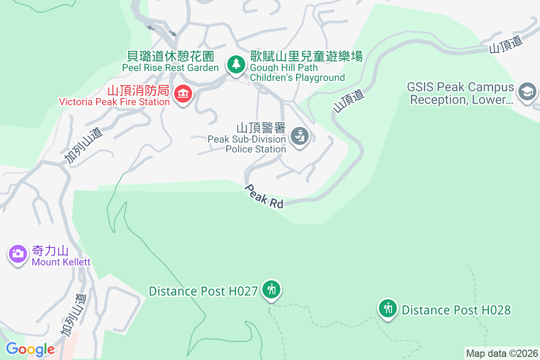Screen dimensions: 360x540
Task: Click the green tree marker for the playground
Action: pos(235,63)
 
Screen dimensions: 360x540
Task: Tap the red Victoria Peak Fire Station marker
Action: pos(183,94)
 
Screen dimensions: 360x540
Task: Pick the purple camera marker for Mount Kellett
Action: pos(18,253)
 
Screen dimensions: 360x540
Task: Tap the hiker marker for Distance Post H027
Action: pos(271,289)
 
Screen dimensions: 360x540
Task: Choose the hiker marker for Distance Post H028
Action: pos(387,308)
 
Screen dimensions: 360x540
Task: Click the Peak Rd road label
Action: pos(265,196)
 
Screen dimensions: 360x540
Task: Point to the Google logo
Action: pos(30,349)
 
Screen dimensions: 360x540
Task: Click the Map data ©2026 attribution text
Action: pos(502,353)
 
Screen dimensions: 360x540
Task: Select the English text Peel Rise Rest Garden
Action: pos(171,67)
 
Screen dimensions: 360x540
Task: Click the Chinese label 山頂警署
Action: pos(261,128)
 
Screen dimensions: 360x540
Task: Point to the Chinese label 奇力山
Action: pos(49,251)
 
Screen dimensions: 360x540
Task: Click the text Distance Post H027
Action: pos(203,291)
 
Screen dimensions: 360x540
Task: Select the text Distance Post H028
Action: pos(456,310)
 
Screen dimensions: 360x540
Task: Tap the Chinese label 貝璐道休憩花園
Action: pos(171,56)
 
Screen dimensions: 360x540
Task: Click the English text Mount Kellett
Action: pos(61,262)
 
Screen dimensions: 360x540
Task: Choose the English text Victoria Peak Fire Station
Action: pos(114,102)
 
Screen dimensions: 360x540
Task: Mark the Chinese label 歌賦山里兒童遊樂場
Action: pos(306,57)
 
